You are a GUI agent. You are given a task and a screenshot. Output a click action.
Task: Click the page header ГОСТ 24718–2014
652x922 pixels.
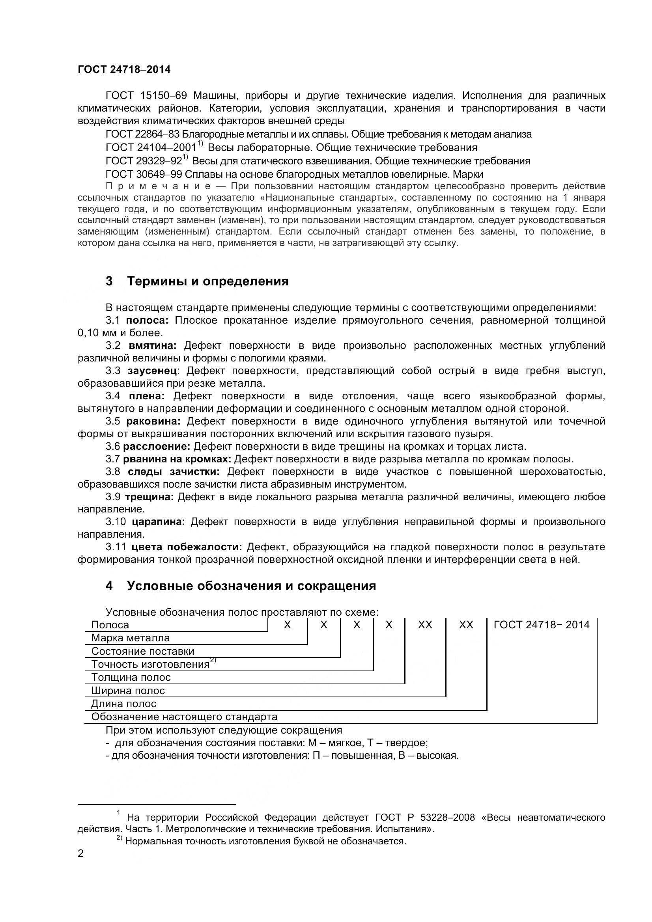(124, 70)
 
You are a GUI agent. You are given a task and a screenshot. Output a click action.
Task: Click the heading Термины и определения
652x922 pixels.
(208, 281)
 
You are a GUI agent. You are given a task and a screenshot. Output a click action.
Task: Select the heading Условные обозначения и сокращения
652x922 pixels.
(252, 586)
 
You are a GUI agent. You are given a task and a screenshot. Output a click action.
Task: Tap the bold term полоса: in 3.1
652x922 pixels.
(147, 320)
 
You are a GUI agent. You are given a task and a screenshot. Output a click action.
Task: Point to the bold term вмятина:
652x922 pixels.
(153, 345)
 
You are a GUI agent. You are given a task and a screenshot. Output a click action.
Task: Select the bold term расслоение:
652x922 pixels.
(156, 446)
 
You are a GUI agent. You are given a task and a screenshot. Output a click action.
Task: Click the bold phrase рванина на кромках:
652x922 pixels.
(177, 459)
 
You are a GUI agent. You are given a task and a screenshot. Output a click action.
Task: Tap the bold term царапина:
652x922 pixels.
(158, 522)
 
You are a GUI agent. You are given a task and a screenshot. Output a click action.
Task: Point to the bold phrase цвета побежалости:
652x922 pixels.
(187, 547)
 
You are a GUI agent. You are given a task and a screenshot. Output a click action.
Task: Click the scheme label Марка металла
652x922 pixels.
(131, 638)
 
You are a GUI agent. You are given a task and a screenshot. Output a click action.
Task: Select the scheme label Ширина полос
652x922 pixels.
(128, 691)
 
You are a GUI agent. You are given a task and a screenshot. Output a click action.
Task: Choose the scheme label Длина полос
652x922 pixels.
(124, 704)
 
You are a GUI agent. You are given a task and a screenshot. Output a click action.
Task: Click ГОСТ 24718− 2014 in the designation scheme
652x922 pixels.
(541, 625)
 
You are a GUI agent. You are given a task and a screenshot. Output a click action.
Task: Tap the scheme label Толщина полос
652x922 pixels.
(131, 678)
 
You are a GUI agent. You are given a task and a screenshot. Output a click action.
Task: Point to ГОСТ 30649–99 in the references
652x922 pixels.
(144, 174)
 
